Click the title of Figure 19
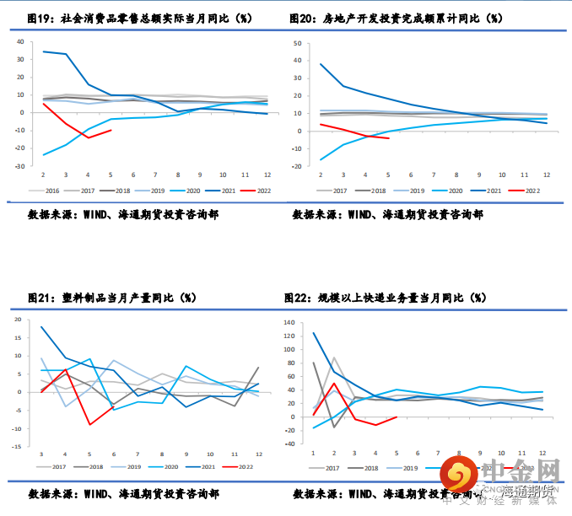[x=139, y=18]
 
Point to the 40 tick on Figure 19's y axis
[x=20, y=41]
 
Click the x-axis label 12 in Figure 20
[x=546, y=175]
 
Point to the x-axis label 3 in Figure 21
[x=41, y=455]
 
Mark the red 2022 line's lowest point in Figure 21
[x=89, y=424]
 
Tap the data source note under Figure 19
[x=123, y=215]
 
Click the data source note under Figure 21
[x=123, y=493]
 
